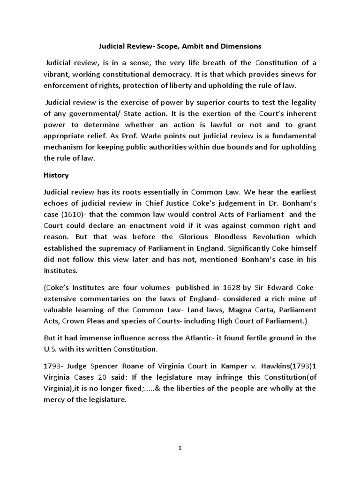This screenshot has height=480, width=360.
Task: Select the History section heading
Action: [x=56, y=175]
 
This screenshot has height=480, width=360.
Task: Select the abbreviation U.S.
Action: [x=51, y=349]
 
